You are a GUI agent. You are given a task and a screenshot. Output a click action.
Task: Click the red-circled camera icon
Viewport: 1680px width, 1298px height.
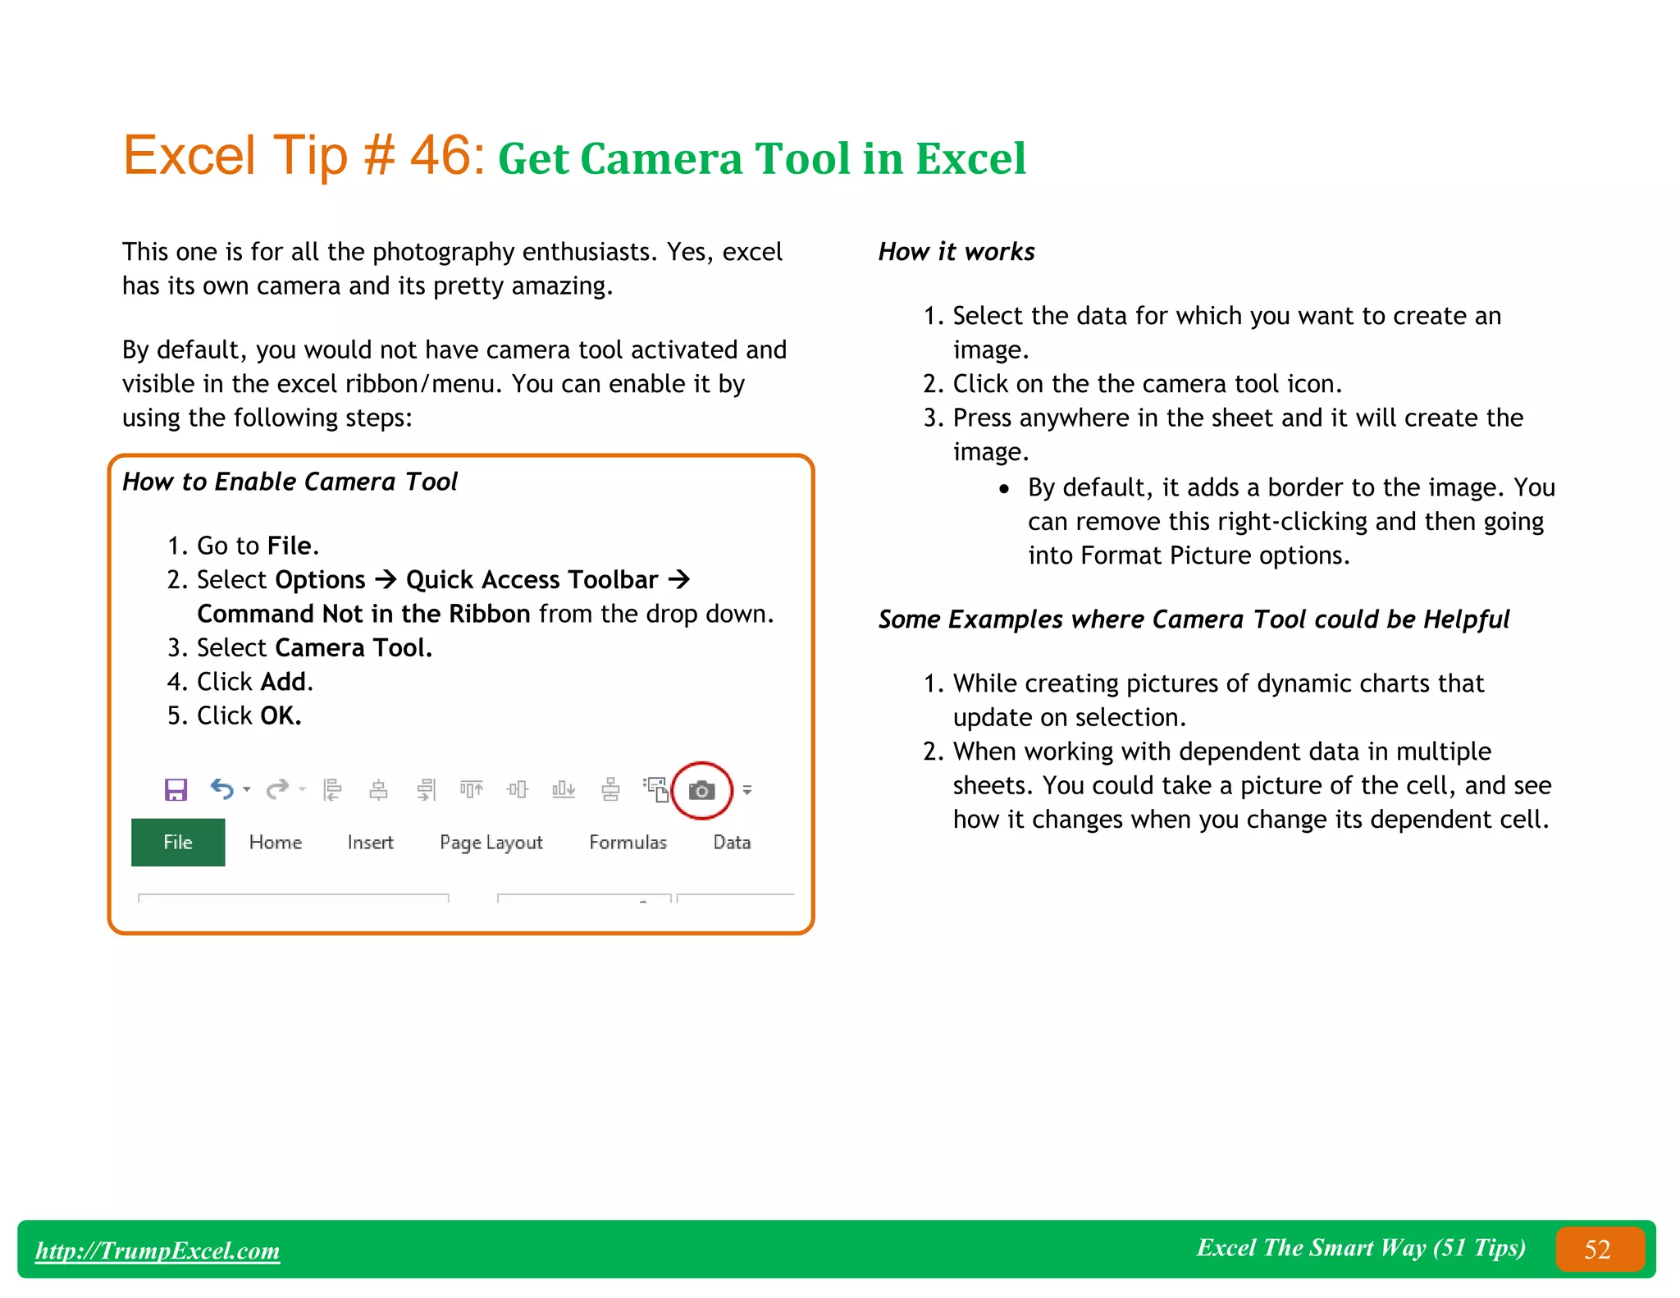click(701, 791)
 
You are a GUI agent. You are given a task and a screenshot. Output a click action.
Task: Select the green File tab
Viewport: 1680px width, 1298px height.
click(178, 843)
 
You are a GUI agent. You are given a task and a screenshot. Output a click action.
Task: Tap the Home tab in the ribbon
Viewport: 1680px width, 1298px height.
click(276, 843)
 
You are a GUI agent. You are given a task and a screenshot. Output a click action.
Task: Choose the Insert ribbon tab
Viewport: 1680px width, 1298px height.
click(370, 843)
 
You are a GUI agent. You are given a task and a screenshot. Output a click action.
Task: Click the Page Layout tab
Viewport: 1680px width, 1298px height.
click(491, 843)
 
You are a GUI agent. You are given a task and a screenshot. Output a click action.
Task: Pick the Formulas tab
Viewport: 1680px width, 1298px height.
click(628, 843)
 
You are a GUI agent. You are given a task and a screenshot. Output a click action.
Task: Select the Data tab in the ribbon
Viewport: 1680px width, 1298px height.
click(732, 843)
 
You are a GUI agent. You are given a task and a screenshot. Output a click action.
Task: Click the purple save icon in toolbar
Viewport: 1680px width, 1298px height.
click(176, 790)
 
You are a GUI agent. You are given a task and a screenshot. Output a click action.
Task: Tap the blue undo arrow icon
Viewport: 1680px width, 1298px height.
click(221, 789)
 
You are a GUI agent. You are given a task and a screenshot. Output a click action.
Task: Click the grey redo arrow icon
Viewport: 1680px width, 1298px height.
click(277, 789)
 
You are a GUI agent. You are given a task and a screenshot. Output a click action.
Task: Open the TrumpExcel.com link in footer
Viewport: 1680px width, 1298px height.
click(157, 1250)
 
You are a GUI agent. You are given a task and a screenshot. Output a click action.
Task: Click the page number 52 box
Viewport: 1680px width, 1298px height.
click(1598, 1250)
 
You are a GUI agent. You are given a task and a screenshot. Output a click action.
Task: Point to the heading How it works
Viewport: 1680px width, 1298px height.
click(956, 252)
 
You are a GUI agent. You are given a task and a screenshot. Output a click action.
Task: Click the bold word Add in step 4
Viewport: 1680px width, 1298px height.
click(284, 682)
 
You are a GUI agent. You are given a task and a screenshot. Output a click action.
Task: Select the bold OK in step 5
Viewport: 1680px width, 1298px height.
click(279, 716)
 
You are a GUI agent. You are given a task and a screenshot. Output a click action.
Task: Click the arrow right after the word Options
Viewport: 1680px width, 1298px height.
click(386, 580)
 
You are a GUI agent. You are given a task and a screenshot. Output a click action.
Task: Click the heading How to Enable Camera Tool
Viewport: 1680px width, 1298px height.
click(290, 482)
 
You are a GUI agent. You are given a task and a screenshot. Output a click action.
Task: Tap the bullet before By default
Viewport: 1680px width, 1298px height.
click(1004, 489)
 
